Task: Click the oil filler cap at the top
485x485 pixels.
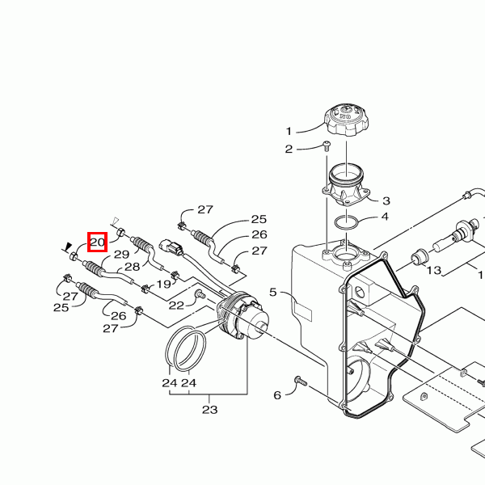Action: [346, 120]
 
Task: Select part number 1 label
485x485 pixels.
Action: [289, 132]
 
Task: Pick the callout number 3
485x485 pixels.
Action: [386, 201]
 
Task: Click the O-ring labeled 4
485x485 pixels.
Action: [347, 222]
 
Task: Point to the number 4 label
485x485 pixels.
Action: [385, 217]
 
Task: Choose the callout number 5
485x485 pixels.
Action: [272, 292]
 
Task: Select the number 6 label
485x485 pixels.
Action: [277, 395]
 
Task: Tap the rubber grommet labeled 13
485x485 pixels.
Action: [420, 256]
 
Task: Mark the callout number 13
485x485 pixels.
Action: [433, 270]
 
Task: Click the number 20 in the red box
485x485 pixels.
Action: [98, 242]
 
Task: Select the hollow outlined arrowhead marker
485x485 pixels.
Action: [116, 221]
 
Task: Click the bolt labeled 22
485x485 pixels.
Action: [200, 294]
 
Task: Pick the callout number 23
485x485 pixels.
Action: [209, 410]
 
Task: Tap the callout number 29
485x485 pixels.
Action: [121, 255]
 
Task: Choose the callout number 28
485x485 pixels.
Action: [133, 267]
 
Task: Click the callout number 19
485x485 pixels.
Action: [163, 284]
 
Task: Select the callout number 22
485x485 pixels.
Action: [176, 306]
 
